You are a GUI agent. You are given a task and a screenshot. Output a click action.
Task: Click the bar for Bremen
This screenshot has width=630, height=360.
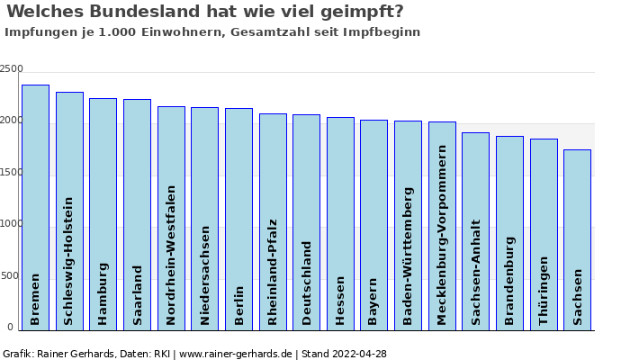(35, 208)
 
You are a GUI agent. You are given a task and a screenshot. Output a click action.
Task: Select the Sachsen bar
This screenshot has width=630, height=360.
(578, 240)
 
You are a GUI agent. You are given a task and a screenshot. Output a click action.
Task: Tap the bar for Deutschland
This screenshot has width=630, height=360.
(307, 222)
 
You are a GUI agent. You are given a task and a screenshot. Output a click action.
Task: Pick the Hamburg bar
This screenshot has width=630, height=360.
(103, 214)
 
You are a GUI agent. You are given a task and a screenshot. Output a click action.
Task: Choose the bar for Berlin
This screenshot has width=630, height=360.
(238, 220)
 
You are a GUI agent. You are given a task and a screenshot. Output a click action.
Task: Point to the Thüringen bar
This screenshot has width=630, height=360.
(544, 235)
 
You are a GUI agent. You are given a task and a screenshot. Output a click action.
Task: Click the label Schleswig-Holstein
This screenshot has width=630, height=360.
(68, 261)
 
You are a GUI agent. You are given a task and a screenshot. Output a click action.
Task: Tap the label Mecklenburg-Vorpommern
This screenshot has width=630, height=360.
(442, 235)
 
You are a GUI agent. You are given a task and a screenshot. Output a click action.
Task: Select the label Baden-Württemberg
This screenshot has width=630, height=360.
(408, 256)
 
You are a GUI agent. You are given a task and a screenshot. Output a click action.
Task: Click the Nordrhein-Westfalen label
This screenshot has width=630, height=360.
(171, 255)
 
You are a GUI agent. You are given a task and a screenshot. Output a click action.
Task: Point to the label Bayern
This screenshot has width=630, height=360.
(373, 301)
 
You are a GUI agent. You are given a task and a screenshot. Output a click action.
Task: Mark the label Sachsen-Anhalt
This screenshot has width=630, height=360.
(476, 273)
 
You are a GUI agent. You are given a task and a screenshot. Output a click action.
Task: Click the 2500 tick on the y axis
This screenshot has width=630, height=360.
(11, 68)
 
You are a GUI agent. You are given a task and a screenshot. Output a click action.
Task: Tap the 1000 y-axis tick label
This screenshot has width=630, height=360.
(11, 224)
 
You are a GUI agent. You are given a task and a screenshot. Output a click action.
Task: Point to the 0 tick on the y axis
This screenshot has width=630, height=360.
(11, 327)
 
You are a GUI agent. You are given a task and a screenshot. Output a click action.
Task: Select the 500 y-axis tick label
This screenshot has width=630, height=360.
(10, 275)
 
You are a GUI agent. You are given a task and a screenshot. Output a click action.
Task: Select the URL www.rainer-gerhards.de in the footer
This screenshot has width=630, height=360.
(236, 355)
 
